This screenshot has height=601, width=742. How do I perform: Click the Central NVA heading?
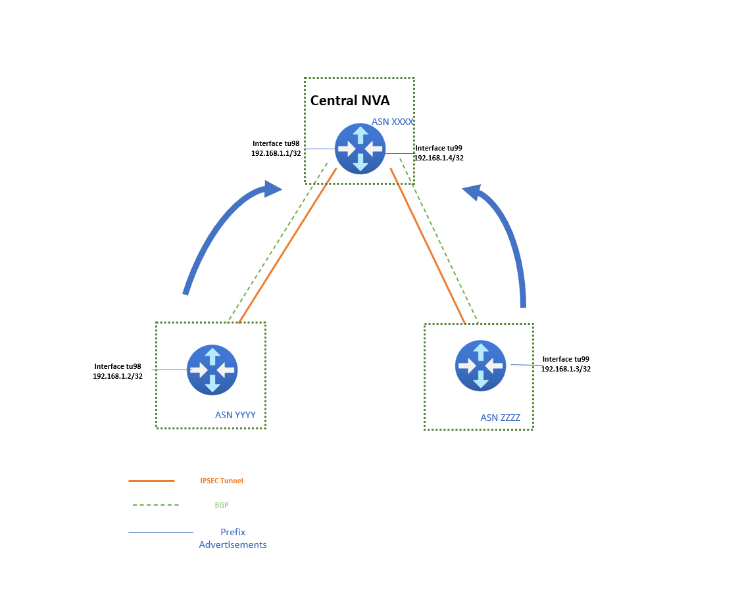(350, 101)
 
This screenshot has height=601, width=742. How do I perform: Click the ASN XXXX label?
(392, 122)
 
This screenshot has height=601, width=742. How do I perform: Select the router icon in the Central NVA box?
(360, 149)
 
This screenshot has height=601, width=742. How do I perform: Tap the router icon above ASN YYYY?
(212, 370)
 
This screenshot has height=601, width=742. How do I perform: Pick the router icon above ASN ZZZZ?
(480, 366)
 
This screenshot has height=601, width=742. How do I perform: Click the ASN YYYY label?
(235, 415)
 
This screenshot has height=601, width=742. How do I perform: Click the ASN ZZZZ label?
(500, 418)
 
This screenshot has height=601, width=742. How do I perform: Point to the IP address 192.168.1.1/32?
(276, 153)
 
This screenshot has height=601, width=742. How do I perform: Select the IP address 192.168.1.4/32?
(439, 158)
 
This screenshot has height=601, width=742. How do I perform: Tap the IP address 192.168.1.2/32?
(118, 376)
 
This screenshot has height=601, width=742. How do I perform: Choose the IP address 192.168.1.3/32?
(566, 369)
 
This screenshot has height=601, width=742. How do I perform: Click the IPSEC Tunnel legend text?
(222, 481)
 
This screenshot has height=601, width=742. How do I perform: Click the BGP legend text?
(221, 505)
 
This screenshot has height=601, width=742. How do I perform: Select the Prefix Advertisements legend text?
(233, 538)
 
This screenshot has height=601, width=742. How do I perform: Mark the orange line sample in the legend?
(151, 481)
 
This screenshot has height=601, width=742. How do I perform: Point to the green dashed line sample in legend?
(156, 505)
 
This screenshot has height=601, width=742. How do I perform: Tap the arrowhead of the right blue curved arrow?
(472, 192)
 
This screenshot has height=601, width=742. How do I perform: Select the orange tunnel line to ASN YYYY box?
(287, 245)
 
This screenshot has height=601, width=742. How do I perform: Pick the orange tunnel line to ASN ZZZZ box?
(428, 245)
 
